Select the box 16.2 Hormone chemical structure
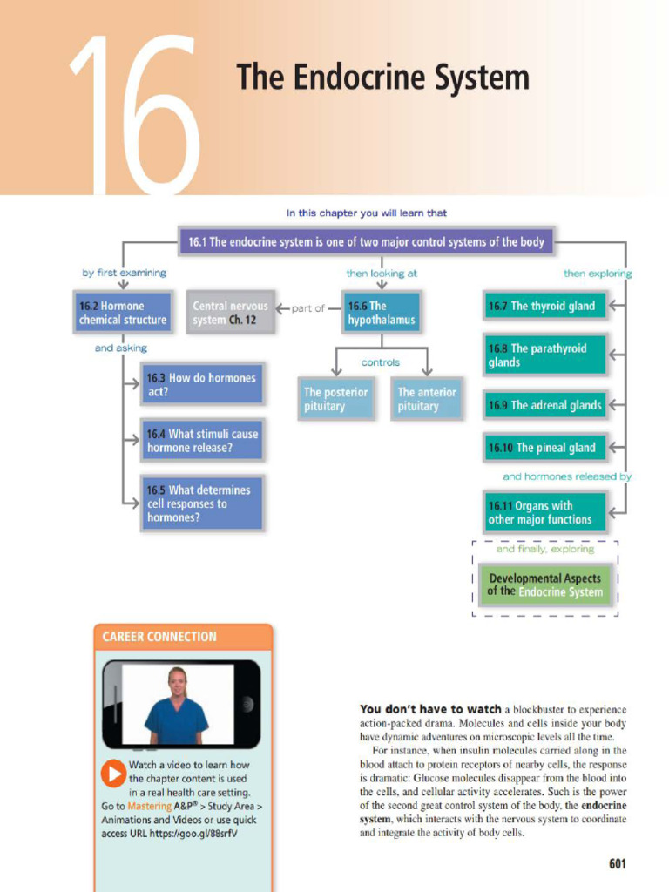(x=123, y=313)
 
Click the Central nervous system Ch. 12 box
(x=231, y=313)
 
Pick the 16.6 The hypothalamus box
(x=382, y=313)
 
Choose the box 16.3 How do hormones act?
(x=201, y=384)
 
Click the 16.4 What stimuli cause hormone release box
(x=202, y=441)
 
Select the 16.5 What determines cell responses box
(x=201, y=503)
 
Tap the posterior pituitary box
(x=336, y=399)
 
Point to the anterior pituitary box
(x=426, y=399)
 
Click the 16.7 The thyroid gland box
(x=544, y=306)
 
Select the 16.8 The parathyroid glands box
(x=544, y=355)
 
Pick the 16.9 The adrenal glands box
(x=544, y=405)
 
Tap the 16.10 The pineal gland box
(x=544, y=448)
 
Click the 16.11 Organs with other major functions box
(x=544, y=512)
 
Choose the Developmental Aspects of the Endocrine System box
(x=544, y=585)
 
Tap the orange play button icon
(x=113, y=773)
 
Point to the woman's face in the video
(x=178, y=682)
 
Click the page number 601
(x=617, y=864)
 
